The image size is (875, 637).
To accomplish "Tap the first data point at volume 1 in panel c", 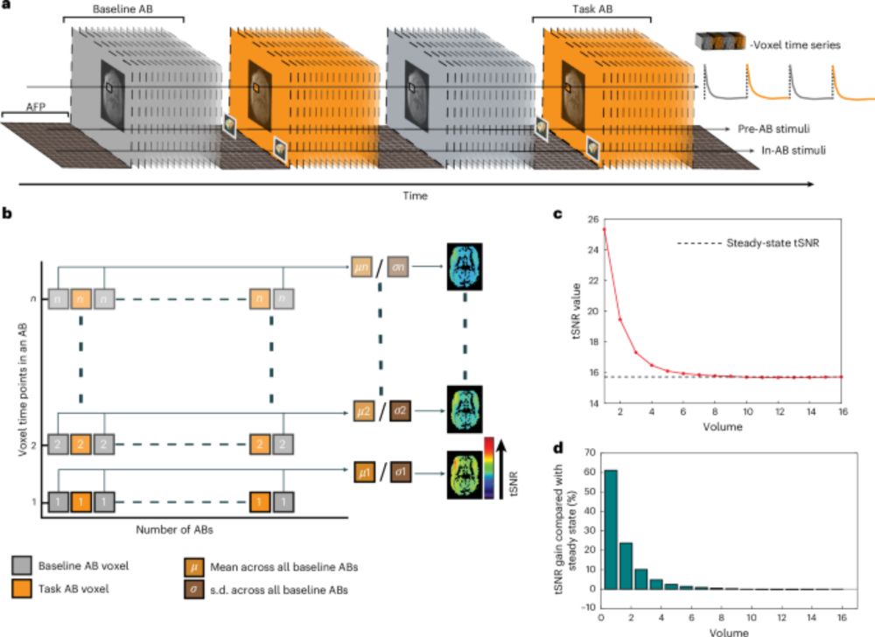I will (605, 229).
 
